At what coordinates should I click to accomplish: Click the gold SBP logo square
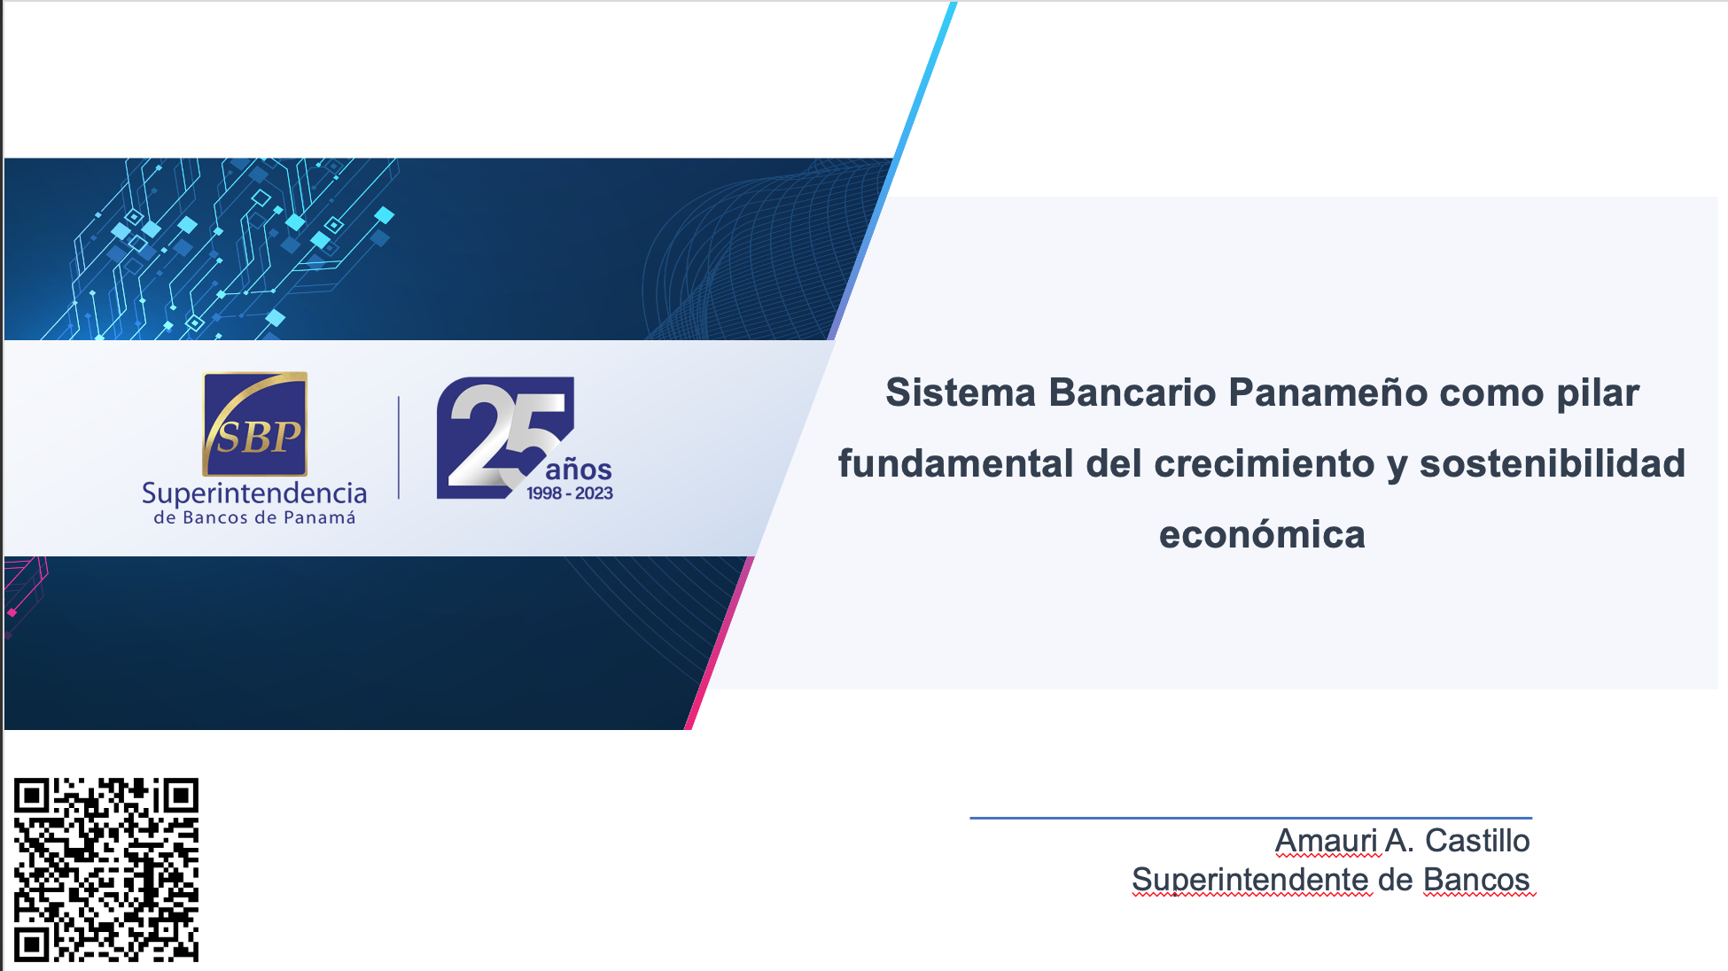[255, 423]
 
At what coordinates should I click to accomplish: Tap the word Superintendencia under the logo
[254, 493]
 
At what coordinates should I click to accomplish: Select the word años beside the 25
[579, 469]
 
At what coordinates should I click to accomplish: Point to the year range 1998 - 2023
[570, 493]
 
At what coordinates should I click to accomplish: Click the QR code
[106, 870]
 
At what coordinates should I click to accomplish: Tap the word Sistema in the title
[961, 392]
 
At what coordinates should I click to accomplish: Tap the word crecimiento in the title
[1265, 463]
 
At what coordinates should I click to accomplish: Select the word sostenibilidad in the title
[1553, 463]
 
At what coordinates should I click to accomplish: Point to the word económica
[1263, 534]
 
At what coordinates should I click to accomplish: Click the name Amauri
[1326, 840]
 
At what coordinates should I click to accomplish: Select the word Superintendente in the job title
[1251, 880]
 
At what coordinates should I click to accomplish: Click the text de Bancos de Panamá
[254, 517]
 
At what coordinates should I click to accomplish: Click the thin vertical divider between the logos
[399, 447]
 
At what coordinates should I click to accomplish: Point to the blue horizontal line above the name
[1251, 818]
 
